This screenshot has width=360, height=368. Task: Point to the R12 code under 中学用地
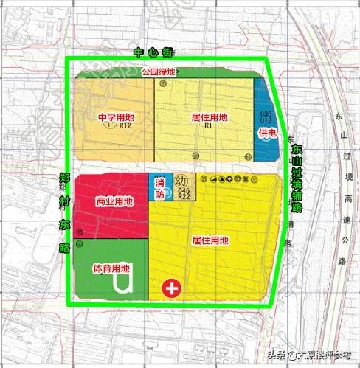(125, 125)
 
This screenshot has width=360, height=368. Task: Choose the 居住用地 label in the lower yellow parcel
(210, 240)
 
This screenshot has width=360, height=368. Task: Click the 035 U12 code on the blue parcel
(266, 117)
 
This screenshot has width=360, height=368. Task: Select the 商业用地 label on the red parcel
(114, 201)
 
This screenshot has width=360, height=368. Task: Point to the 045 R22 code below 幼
(184, 193)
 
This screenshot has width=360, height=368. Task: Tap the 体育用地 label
(111, 269)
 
